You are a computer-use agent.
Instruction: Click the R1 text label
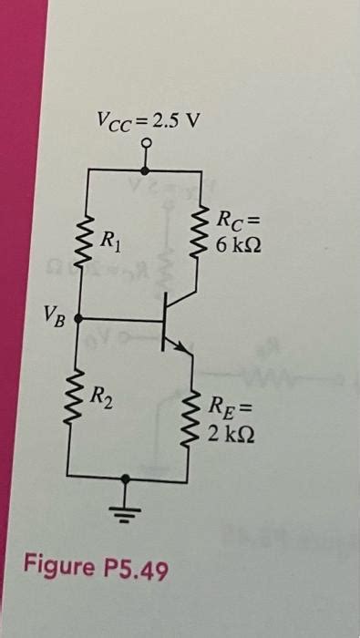108,242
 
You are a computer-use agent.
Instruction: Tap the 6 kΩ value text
238,245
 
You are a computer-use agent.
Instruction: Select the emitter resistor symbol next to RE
194,420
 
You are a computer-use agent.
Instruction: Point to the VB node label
52,315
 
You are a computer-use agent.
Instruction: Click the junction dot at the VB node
79,319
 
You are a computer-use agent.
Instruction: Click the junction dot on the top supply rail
147,169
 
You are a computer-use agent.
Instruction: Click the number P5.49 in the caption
136,570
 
